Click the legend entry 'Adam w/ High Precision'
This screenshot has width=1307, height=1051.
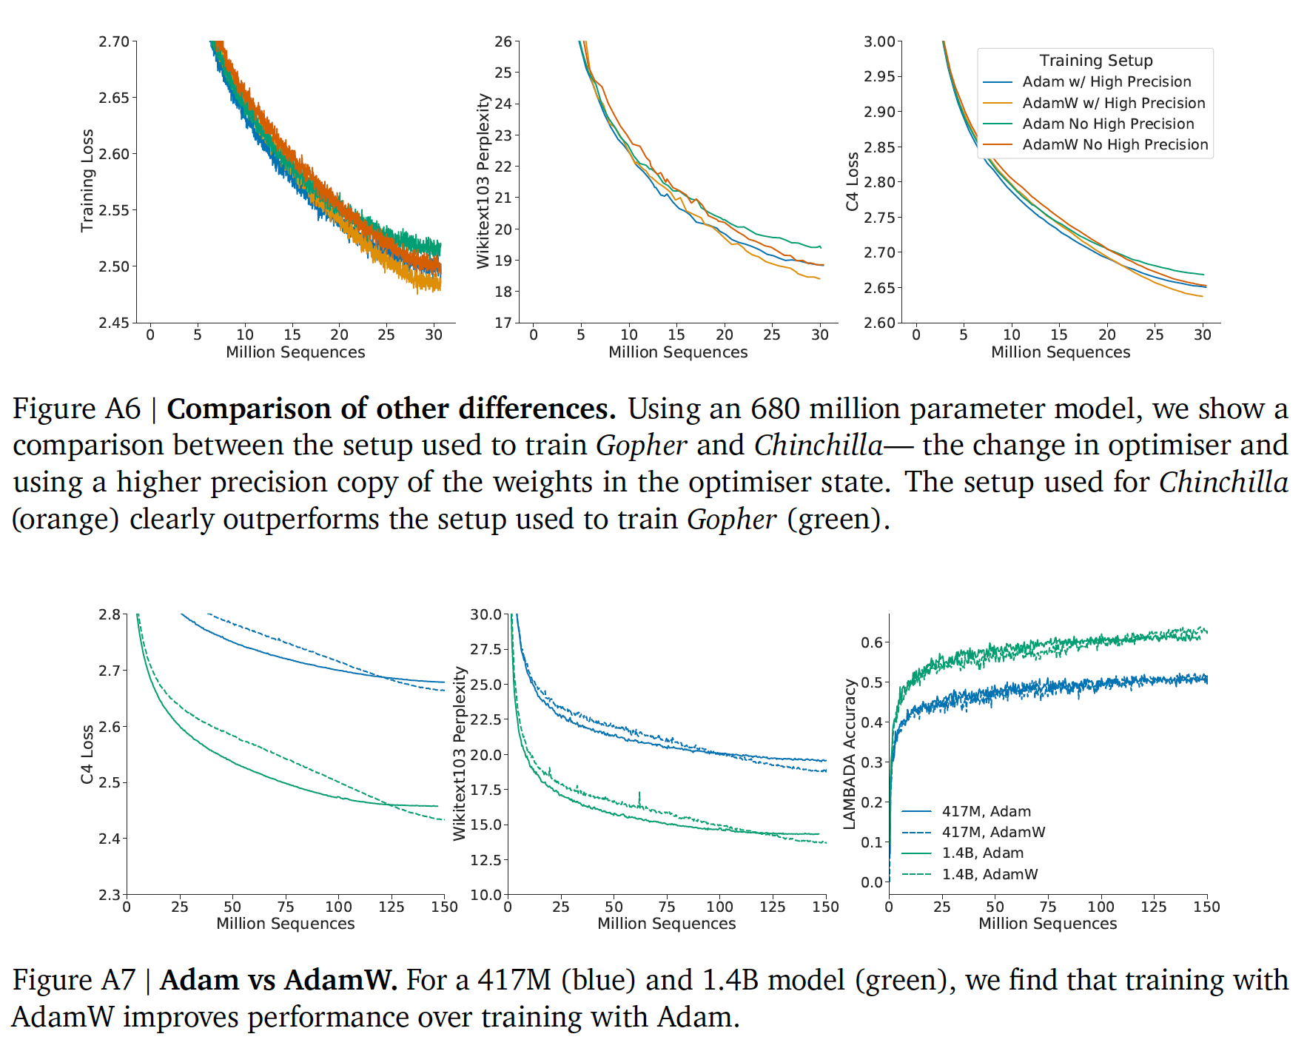point(1106,81)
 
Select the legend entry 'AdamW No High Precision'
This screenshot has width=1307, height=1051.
point(1115,144)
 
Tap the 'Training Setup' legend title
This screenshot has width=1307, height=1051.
point(1095,61)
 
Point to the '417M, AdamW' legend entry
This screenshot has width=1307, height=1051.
point(993,832)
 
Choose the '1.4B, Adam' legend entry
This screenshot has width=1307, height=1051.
point(982,853)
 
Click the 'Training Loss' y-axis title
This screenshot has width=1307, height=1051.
point(87,181)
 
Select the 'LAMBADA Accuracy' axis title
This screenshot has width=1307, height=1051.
point(849,753)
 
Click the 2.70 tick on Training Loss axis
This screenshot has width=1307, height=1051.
point(114,41)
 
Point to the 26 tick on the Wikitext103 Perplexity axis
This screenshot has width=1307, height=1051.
point(503,41)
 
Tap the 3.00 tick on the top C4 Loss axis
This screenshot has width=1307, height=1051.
point(879,41)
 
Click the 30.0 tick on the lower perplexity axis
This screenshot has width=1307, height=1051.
point(485,614)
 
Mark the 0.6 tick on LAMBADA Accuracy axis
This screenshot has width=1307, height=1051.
point(872,642)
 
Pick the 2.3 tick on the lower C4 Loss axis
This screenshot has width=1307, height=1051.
point(110,895)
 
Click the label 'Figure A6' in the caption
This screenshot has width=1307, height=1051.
point(76,409)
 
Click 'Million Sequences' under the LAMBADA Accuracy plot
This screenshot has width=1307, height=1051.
point(1047,924)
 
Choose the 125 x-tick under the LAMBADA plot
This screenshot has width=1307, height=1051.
point(1153,907)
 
